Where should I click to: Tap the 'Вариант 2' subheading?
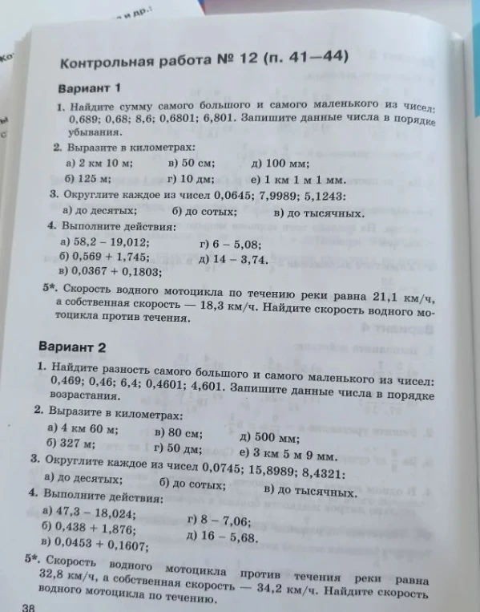pos(73,347)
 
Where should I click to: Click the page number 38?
pos(29,607)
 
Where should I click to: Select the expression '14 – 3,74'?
pos(239,260)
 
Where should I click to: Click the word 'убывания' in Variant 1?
pos(87,131)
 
